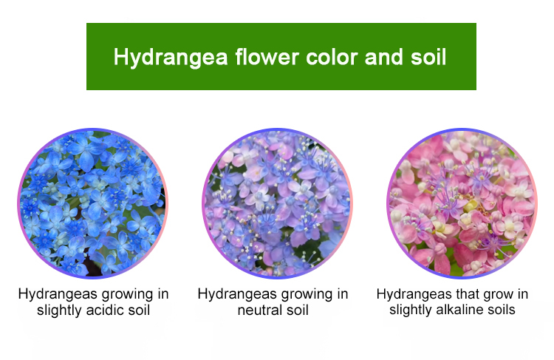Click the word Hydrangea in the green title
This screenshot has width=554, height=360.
click(x=171, y=58)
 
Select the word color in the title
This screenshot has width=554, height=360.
click(x=332, y=57)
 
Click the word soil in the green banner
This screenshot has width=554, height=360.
click(x=428, y=57)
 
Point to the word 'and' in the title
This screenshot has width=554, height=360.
click(x=383, y=57)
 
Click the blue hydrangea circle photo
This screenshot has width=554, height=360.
click(x=92, y=203)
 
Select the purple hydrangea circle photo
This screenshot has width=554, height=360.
click(x=277, y=203)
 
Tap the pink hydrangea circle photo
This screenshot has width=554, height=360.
click(x=462, y=203)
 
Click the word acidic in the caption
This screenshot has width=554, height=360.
click(x=105, y=310)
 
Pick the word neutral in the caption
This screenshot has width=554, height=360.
click(x=260, y=310)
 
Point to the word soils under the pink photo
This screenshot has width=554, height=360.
click(x=502, y=310)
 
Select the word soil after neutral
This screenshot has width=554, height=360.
click(x=298, y=310)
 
